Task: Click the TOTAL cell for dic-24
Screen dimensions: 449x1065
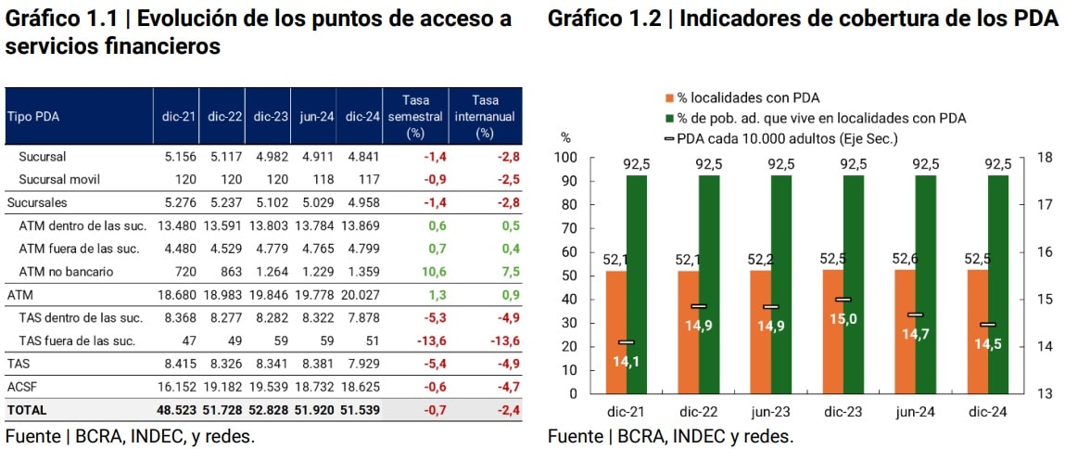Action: point(360,409)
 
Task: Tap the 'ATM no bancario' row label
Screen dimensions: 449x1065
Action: point(66,271)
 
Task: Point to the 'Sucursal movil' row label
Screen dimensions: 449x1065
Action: point(58,179)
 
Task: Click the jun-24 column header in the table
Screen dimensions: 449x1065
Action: point(314,117)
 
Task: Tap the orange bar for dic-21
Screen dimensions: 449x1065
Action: point(625,331)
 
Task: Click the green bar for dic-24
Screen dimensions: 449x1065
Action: point(997,283)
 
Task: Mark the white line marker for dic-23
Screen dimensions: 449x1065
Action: point(843,300)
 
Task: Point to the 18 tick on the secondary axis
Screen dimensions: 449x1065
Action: point(1042,158)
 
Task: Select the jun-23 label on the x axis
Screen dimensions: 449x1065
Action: point(770,411)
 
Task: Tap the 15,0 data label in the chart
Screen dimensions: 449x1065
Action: point(843,320)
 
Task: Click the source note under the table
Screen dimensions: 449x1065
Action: point(130,436)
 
